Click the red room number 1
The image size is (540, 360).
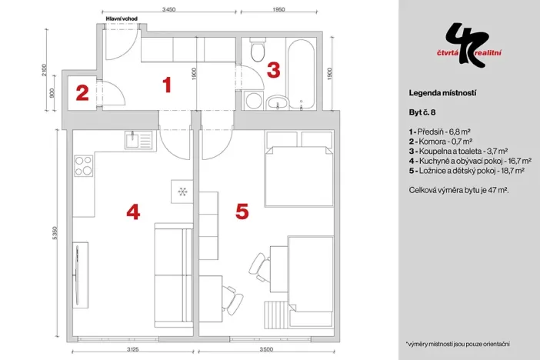point(166,85)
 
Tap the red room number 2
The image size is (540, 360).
point(82,94)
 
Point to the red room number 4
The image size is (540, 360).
point(133,211)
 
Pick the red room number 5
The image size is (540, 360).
point(242,211)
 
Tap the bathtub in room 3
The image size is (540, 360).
point(301,73)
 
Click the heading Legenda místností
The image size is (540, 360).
point(442,92)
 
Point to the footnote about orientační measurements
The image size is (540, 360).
point(457,344)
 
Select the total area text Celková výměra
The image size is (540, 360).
point(458,188)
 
